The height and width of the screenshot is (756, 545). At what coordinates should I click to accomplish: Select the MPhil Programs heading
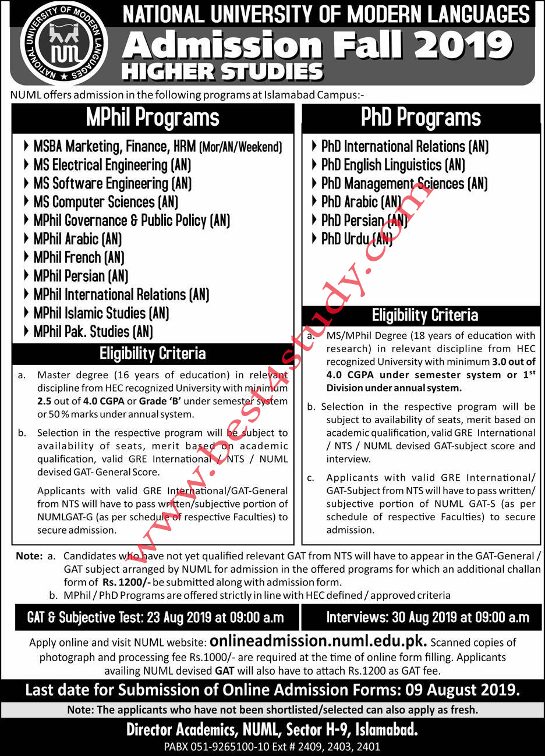153,118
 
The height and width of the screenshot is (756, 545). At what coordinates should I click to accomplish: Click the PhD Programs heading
421,118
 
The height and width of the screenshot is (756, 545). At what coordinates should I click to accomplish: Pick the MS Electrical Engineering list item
112,165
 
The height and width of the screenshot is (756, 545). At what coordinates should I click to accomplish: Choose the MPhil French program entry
79,257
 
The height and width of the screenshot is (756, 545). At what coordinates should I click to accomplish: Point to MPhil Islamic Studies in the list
101,313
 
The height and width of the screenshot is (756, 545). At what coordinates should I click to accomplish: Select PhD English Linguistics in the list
393,165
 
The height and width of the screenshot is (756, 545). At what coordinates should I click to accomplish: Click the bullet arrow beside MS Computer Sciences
27,202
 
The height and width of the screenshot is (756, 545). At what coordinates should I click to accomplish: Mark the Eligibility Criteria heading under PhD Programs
424,315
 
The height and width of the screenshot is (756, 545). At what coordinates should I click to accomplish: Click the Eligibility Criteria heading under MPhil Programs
153,353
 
